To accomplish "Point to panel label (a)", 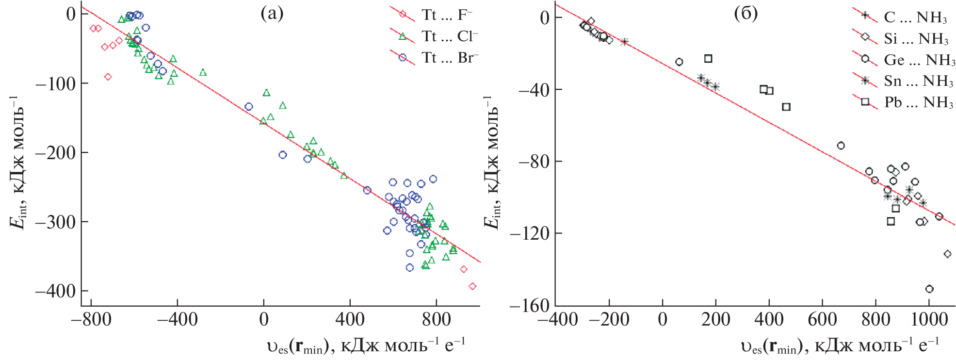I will [x=272, y=14].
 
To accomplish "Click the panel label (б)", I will [x=745, y=14].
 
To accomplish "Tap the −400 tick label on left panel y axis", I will [x=55, y=291].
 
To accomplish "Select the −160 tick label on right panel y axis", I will [x=529, y=306].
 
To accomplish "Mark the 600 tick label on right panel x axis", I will [x=823, y=320].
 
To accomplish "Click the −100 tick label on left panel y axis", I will [x=55, y=83].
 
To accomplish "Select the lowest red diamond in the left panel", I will [x=472, y=286].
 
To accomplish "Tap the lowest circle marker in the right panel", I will [x=929, y=289].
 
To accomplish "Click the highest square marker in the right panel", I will [x=708, y=59].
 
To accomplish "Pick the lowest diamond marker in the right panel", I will [x=947, y=254].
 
